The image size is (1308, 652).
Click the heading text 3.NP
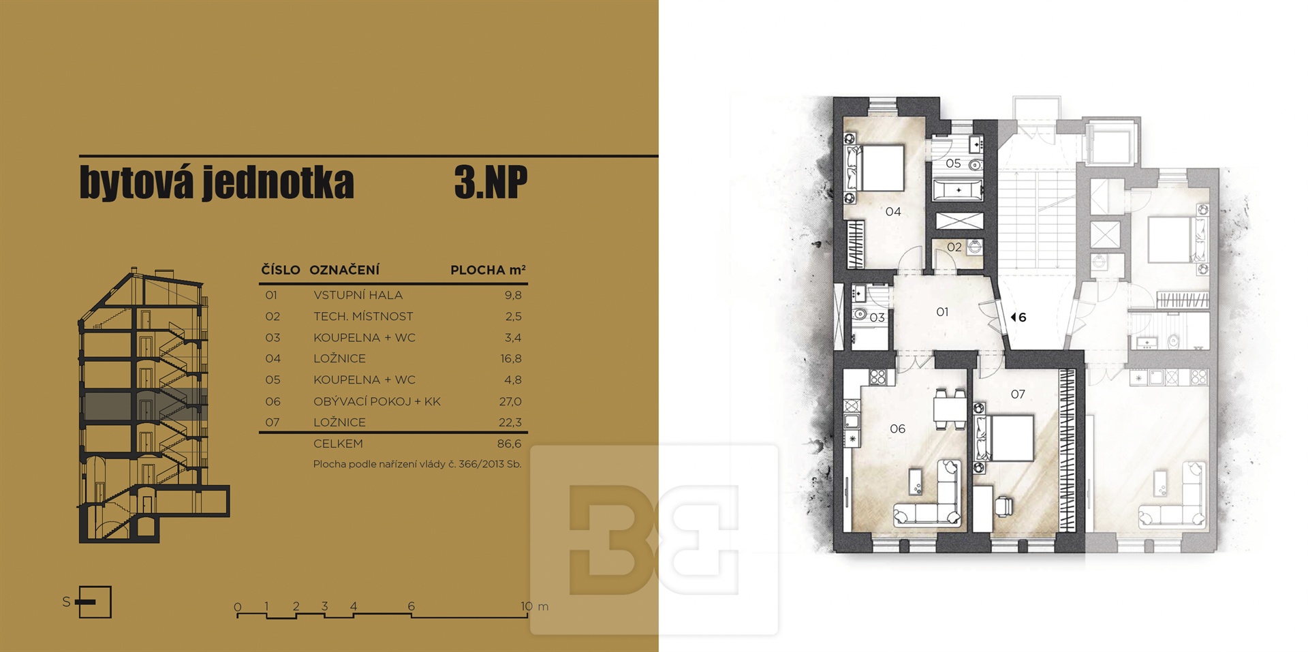[490, 182]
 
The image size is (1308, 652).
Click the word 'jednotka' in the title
[278, 182]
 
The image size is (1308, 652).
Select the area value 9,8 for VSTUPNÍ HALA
[513, 295]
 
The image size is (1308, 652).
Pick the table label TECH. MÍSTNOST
[363, 316]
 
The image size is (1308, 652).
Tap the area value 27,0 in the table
[510, 401]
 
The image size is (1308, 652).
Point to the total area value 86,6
[510, 444]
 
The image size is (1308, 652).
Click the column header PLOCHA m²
[488, 270]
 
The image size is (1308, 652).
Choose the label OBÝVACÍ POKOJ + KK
[377, 401]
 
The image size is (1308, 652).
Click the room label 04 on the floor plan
[893, 212]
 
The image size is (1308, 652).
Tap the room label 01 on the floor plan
[942, 312]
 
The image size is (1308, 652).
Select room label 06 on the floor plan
[898, 429]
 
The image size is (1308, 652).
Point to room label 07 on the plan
[1018, 394]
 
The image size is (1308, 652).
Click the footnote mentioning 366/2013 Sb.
[417, 464]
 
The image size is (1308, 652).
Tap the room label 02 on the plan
[954, 247]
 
